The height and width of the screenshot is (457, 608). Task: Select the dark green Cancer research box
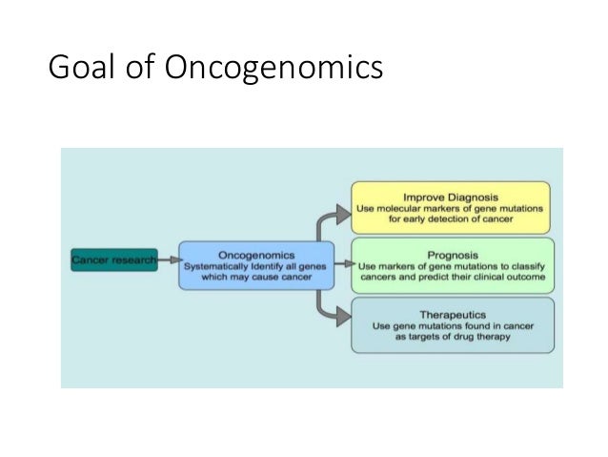113,260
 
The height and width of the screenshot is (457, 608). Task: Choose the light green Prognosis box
451,266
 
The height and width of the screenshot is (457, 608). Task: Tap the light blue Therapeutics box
451,324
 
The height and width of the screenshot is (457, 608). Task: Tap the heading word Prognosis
451,254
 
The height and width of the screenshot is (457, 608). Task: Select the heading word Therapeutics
451,312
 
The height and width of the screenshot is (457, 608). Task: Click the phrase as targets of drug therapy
451,337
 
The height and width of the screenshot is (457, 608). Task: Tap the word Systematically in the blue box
221,266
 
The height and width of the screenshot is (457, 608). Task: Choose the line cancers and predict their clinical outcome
451,278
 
